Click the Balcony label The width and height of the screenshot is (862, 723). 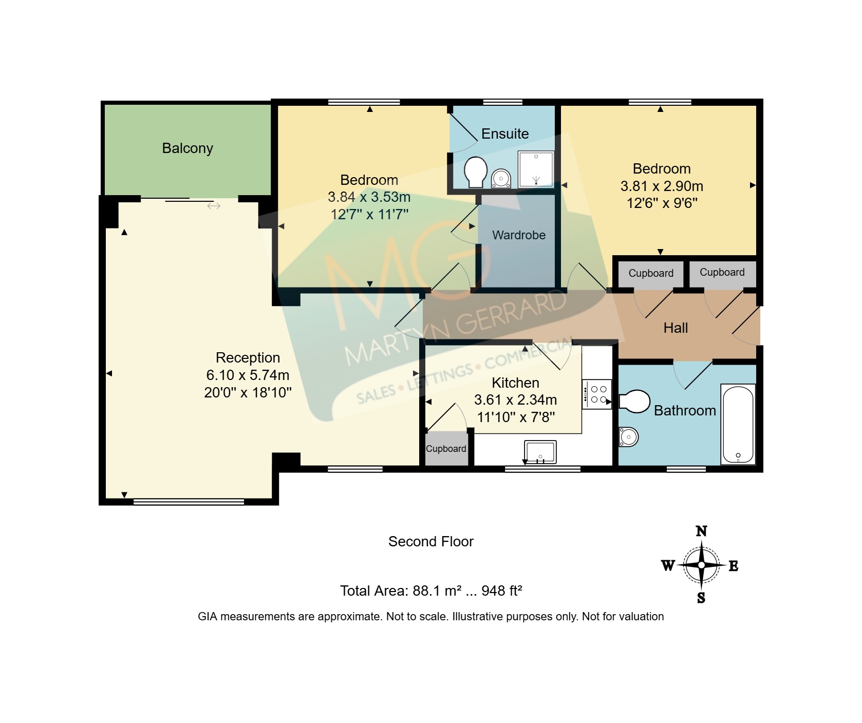click(x=188, y=148)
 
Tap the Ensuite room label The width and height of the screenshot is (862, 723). click(x=505, y=134)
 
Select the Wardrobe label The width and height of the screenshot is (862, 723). click(x=519, y=235)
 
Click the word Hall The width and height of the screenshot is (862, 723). click(x=676, y=328)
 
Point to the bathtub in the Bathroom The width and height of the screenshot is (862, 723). click(x=738, y=424)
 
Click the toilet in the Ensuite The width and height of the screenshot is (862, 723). click(x=476, y=173)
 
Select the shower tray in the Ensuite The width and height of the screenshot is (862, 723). click(x=536, y=169)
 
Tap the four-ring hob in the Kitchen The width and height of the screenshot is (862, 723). click(x=597, y=394)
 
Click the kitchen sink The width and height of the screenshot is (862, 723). click(x=540, y=452)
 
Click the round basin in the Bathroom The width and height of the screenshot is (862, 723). click(x=628, y=437)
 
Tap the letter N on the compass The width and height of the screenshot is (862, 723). click(x=701, y=531)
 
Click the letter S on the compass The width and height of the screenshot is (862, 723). click(x=701, y=598)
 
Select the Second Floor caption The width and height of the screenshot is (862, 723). click(x=431, y=542)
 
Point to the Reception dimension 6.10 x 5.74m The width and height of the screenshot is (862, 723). click(x=248, y=375)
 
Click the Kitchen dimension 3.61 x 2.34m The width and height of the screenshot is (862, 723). click(x=515, y=400)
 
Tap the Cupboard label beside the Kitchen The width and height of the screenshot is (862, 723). click(x=446, y=449)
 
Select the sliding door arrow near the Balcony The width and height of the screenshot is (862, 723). click(x=214, y=206)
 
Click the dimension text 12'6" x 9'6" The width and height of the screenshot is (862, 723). click(x=662, y=203)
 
